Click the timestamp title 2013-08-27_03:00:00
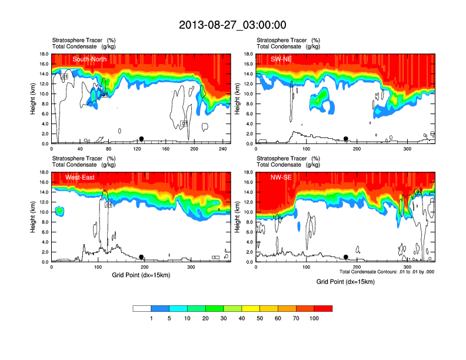232,25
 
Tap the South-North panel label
88,59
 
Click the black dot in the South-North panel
141,139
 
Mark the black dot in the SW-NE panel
346,139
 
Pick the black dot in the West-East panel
141,257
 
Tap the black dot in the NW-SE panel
346,257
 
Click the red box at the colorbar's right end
323,308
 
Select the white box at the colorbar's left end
142,308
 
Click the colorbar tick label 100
314,318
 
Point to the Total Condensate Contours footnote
387,272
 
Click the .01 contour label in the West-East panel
108,205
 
